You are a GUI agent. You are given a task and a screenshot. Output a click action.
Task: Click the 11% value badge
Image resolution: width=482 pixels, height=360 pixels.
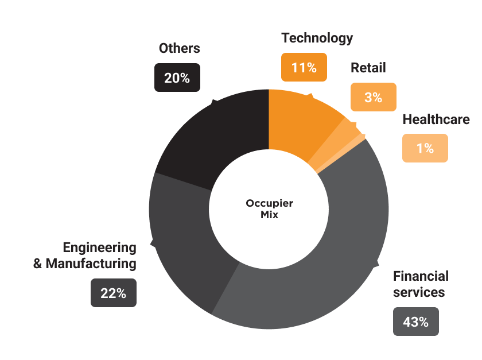(304, 67)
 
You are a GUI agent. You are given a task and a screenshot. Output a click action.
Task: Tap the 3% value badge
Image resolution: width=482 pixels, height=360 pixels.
(373, 97)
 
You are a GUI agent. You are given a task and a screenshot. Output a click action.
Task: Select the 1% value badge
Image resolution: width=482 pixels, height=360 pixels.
(425, 148)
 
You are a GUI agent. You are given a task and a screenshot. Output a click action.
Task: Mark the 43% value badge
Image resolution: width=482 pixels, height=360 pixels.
(415, 322)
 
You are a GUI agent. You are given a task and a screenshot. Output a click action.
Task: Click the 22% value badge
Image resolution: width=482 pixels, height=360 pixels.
(113, 293)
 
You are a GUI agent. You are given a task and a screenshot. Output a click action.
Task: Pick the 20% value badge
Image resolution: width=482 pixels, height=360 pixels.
(177, 78)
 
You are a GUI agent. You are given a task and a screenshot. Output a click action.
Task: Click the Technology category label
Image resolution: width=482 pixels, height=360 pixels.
(317, 38)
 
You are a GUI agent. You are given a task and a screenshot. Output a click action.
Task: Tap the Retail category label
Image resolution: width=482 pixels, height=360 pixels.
(368, 68)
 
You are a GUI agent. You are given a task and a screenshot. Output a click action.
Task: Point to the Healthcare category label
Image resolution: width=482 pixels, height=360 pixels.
(436, 119)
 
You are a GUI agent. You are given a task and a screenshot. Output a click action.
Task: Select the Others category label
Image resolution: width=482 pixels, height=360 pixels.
(179, 48)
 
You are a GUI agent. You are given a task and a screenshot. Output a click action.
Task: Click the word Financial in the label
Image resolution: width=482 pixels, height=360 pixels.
(421, 276)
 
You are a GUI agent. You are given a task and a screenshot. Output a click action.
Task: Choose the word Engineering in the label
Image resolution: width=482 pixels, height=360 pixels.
(99, 248)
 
